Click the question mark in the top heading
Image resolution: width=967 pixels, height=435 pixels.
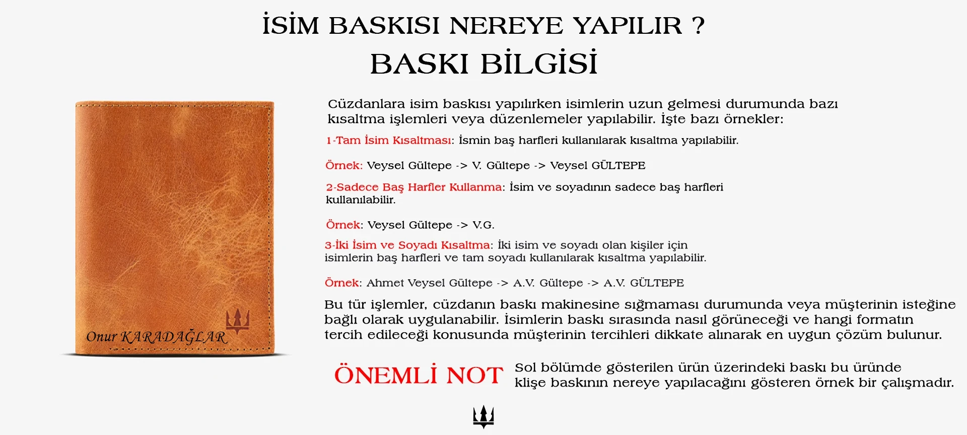coord(698,25)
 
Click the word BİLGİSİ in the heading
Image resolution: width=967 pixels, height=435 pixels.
coord(539,64)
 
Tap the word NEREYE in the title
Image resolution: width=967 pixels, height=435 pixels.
coord(506,26)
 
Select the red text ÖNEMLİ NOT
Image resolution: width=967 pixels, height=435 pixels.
coord(419,375)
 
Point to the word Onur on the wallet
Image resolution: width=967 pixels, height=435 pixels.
coord(101,337)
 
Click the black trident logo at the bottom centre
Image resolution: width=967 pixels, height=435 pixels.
coord(483,417)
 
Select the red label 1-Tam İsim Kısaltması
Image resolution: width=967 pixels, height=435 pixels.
coord(390,140)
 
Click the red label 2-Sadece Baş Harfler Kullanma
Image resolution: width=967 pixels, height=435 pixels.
coord(414,187)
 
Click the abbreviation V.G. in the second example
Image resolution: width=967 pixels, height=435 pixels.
coord(483,225)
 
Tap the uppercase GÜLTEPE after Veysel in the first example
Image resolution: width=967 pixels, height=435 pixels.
coord(618,165)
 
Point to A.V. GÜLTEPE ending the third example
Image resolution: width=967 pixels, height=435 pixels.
coord(644,283)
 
